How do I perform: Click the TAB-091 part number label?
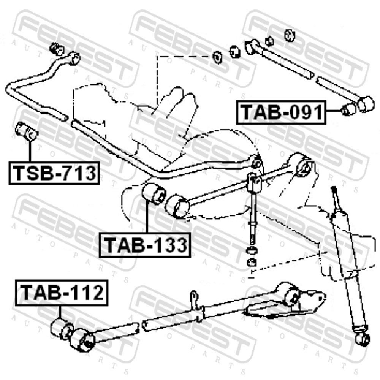click(281, 112)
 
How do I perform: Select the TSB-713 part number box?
click(54, 173)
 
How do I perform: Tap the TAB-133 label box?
click(145, 245)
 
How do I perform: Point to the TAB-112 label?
click(62, 293)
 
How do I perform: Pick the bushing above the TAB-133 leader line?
click(154, 194)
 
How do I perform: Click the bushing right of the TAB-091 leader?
click(348, 109)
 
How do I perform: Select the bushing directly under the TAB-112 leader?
click(62, 329)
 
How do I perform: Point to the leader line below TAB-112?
click(60, 312)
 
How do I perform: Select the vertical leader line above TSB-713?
click(30, 151)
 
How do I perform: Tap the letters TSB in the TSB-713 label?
click(31, 173)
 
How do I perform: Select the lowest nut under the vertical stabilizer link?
click(252, 263)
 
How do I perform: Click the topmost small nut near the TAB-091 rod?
click(289, 35)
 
